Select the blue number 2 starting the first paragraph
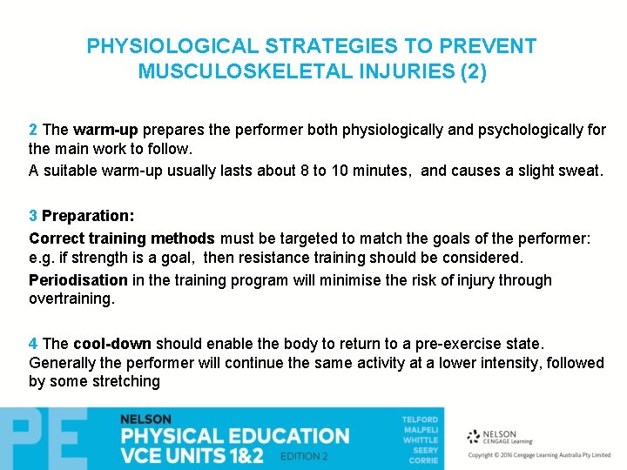pyautogui.click(x=33, y=130)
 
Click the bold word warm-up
pyautogui.click(x=105, y=130)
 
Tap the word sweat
pyautogui.click(x=581, y=171)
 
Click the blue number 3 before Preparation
pyautogui.click(x=33, y=215)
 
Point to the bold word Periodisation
pyautogui.click(x=78, y=280)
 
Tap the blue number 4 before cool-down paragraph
pyautogui.click(x=33, y=343)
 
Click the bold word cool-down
pyautogui.click(x=111, y=343)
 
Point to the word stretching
pyautogui.click(x=126, y=381)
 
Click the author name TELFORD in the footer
pyautogui.click(x=420, y=420)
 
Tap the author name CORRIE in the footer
pyautogui.click(x=424, y=459)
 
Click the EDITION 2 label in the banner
pyautogui.click(x=304, y=456)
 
